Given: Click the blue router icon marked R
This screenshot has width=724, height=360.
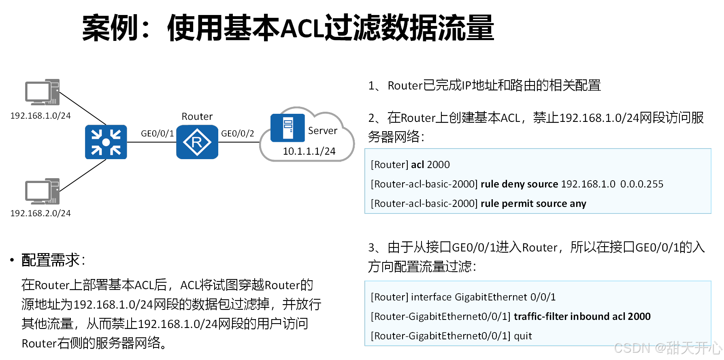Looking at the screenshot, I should pos(197,142).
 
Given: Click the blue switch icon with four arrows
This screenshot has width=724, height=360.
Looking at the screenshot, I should pos(106,142).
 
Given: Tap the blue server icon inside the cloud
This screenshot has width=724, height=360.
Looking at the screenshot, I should pos(287,128).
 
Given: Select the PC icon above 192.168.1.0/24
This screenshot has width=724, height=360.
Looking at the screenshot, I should pos(42,92).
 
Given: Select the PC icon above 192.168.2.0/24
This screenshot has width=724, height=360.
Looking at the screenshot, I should pos(42,191).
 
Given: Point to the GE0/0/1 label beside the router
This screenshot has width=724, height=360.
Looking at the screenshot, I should pos(157,134).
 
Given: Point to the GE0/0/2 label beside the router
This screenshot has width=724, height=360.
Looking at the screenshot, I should pos(238,134).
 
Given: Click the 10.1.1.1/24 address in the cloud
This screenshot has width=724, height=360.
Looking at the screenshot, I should pos(309,151).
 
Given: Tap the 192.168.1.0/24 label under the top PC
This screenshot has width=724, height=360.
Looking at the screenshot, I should pos(40,116).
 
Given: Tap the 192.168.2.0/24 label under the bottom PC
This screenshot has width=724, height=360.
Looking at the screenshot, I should pos(40,213).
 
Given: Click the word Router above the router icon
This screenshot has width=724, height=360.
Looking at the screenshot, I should pos(197,117).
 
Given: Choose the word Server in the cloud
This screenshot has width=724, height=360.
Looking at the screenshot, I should pos(322,131).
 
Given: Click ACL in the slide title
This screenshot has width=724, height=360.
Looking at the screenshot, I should pos(302,29).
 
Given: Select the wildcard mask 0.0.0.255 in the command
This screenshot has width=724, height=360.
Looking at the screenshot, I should pos(642,184).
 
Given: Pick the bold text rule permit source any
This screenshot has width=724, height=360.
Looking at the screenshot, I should pos(533,204).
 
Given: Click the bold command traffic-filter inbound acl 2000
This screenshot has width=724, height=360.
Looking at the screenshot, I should pos(582,317).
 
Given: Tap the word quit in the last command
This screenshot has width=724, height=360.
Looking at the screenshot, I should pos(523,336).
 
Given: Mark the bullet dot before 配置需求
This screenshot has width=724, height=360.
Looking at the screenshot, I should pos(12,260).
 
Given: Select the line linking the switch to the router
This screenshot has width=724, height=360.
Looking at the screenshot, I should pos(151,143).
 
